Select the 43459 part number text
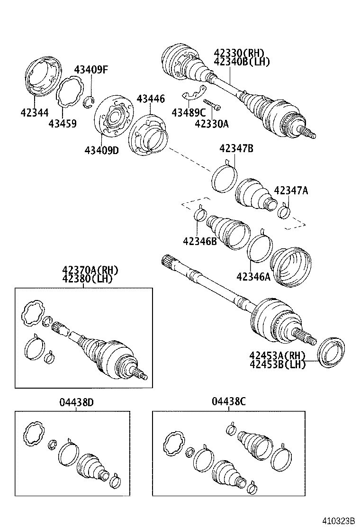63,124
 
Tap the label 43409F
91,70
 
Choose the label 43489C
189,112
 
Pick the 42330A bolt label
211,124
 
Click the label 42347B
236,149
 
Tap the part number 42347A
291,191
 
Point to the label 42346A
253,276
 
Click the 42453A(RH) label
277,355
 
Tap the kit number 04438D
76,402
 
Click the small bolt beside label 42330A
212,105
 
